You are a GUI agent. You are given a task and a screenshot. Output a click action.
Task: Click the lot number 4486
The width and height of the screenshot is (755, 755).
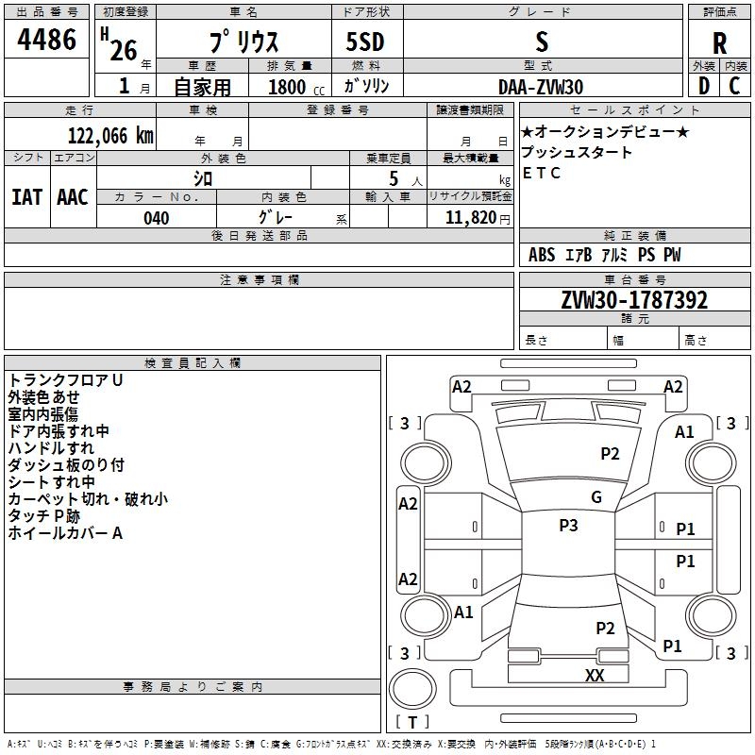click(47, 40)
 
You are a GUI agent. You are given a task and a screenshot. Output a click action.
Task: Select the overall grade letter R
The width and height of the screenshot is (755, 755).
click(720, 42)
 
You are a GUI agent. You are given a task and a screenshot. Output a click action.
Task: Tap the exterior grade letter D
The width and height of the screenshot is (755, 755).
click(703, 86)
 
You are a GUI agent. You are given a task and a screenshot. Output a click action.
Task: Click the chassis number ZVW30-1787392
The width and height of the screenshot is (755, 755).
click(634, 300)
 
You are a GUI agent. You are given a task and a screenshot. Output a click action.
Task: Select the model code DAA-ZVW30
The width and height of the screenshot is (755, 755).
click(541, 87)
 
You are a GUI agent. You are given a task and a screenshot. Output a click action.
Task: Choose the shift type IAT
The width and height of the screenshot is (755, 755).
click(26, 197)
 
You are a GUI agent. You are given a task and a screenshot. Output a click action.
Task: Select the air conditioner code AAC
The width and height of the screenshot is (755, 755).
click(73, 197)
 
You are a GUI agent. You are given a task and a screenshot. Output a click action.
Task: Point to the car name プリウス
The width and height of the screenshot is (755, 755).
click(243, 42)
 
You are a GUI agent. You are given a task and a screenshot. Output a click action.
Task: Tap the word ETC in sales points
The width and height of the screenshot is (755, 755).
click(542, 173)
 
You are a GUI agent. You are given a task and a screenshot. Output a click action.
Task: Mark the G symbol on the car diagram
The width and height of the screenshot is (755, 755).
click(596, 497)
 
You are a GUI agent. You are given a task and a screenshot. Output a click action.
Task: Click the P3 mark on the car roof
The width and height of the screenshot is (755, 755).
click(568, 526)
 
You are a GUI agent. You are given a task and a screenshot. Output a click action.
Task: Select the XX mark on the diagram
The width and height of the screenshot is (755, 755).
click(595, 675)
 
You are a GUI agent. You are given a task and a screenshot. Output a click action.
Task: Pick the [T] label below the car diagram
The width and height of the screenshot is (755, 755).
click(412, 722)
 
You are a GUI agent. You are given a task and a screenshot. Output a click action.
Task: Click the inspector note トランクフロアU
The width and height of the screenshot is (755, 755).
click(66, 380)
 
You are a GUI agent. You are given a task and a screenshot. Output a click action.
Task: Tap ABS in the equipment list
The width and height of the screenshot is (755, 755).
click(542, 255)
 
